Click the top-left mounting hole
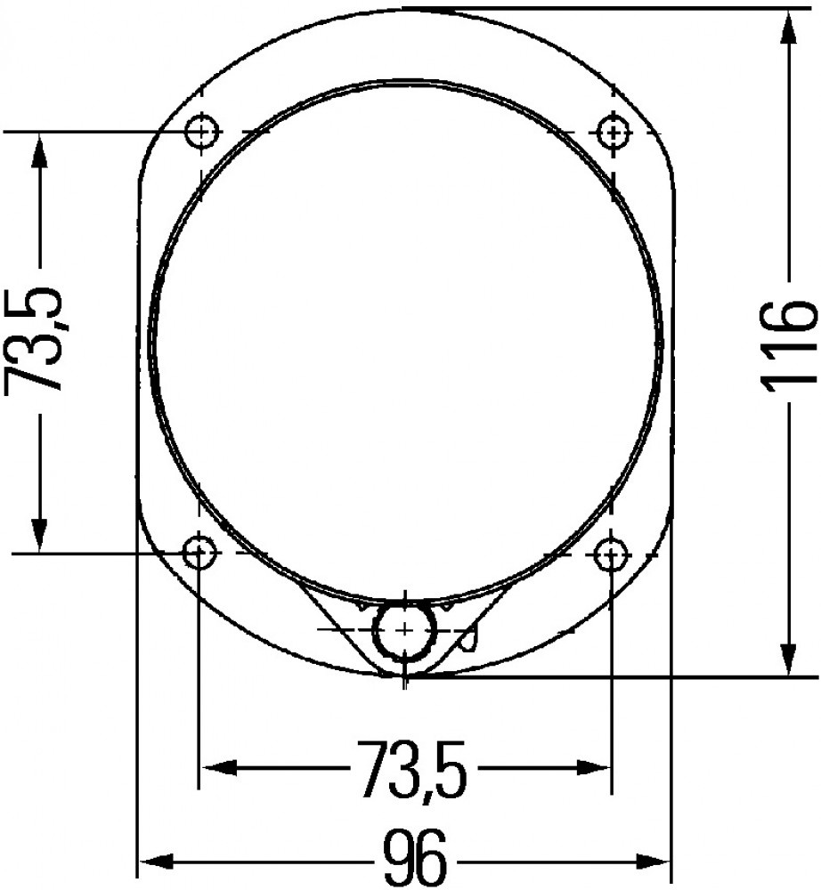tap(203, 133)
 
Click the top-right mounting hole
tap(613, 133)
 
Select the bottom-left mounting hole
tap(199, 554)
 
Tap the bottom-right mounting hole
tap(610, 555)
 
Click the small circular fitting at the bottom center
tap(405, 629)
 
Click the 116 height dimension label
tap(788, 343)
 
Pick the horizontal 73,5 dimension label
tap(410, 768)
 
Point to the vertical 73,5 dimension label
tap(37, 339)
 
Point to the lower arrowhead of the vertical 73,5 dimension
tap(38, 534)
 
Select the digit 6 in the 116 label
tap(789, 319)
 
